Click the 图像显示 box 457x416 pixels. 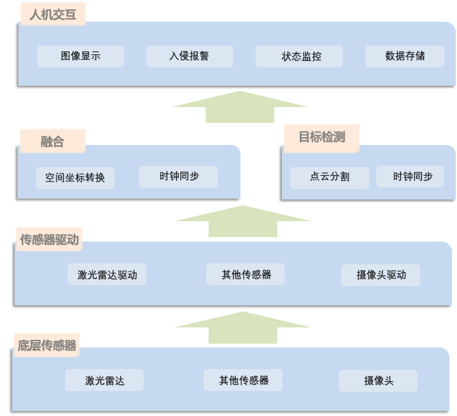[80, 57]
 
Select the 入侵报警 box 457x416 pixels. [190, 57]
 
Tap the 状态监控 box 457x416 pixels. [299, 57]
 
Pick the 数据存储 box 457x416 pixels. [405, 57]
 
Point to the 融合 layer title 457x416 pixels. [52, 142]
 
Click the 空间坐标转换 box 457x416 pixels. [75, 178]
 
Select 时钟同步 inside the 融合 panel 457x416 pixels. [179, 177]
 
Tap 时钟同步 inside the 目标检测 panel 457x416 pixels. [413, 177]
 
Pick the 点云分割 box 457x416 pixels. [330, 177]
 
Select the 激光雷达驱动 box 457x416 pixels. [107, 275]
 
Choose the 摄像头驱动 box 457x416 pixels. [381, 275]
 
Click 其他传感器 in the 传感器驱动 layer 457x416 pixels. [246, 275]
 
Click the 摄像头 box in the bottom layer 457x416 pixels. [378, 381]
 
